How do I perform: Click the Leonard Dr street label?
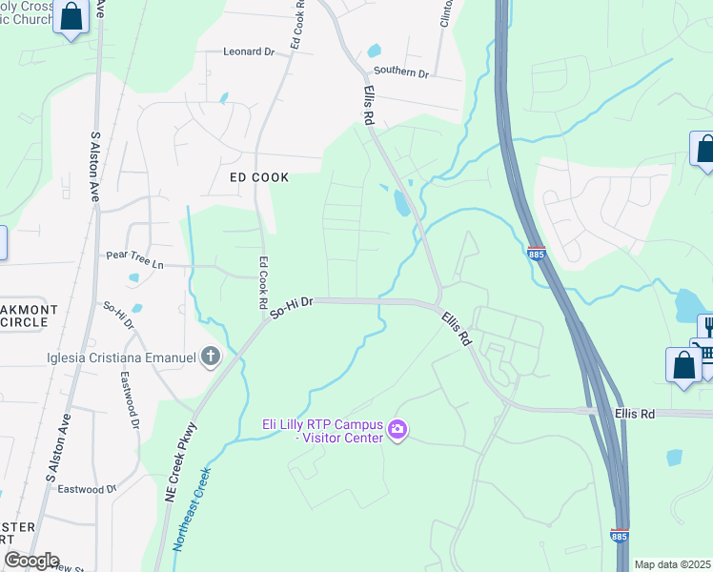pyautogui.click(x=248, y=52)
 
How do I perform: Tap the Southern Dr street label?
pyautogui.click(x=401, y=72)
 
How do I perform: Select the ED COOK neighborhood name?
pyautogui.click(x=259, y=177)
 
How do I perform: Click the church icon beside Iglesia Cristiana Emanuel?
pyautogui.click(x=210, y=357)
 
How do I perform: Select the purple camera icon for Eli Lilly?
pyautogui.click(x=397, y=430)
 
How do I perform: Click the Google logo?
pyautogui.click(x=31, y=561)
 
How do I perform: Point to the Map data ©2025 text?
pyautogui.click(x=672, y=564)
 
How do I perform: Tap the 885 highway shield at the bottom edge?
pyautogui.click(x=619, y=537)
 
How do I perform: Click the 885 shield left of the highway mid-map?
pyautogui.click(x=536, y=254)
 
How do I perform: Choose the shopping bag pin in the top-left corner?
pyautogui.click(x=71, y=16)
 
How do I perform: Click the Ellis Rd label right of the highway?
pyautogui.click(x=636, y=413)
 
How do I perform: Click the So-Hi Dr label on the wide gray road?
pyautogui.click(x=292, y=306)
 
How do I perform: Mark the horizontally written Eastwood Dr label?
pyautogui.click(x=86, y=489)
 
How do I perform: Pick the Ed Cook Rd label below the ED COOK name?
pyautogui.click(x=263, y=282)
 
